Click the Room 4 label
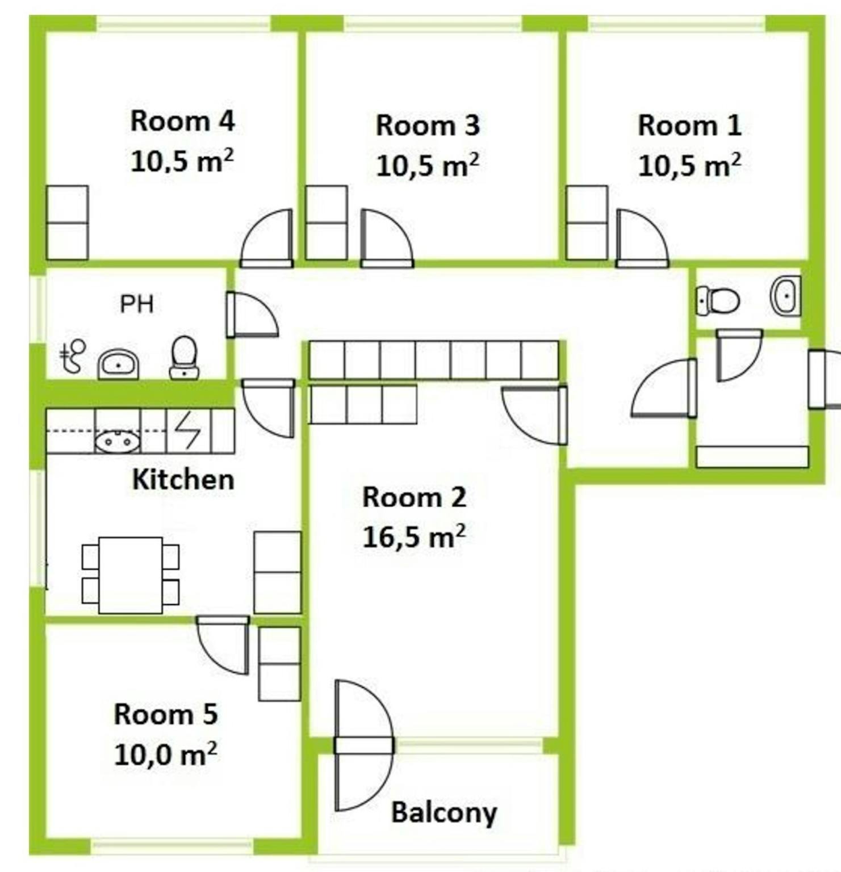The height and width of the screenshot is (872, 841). pos(182,121)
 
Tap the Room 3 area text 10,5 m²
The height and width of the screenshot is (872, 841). pos(428,165)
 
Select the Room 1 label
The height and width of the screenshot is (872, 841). pos(689,125)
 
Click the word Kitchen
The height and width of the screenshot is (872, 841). pos(183,480)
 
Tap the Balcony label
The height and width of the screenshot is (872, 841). pos(444,812)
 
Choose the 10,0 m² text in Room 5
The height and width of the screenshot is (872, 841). pos(165,754)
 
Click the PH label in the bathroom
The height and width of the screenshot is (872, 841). pos(136,304)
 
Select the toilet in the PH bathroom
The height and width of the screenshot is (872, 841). pos(184,357)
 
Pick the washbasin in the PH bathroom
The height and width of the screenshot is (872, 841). pos(119,364)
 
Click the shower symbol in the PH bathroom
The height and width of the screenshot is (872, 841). pos(73,357)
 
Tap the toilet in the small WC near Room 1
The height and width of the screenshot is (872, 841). pos(718,300)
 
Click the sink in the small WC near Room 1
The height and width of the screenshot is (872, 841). pos(786,295)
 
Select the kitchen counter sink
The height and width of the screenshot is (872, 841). pos(117,441)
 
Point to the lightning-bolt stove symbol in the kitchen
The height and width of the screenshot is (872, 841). pos(188,431)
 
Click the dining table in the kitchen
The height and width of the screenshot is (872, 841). pos(131,575)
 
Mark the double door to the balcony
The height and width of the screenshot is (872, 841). pos(363,745)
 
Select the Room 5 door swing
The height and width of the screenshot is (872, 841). pos(223,645)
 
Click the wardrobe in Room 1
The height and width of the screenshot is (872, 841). pos(587,223)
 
